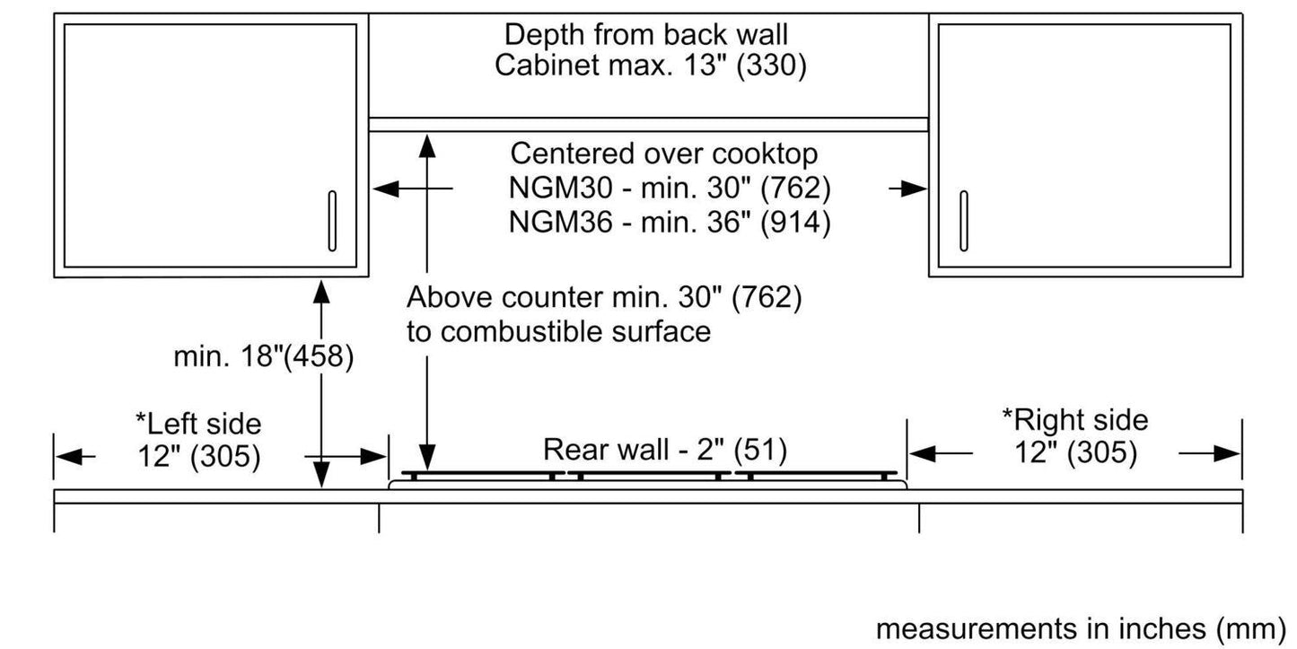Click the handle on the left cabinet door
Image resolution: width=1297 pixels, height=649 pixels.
click(332, 221)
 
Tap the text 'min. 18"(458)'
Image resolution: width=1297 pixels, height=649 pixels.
click(264, 357)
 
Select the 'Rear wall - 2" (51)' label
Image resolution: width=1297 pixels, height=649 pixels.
click(665, 450)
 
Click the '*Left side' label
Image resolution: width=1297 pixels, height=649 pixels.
click(197, 423)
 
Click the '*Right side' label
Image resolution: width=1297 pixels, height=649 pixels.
click(1074, 420)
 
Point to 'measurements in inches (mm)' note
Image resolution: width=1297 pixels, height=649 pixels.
click(1081, 628)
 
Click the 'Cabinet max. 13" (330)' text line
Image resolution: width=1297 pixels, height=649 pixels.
click(651, 66)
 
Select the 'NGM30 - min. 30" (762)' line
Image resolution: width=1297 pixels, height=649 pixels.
click(669, 189)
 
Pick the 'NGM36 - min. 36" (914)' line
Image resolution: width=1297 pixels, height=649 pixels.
click(669, 222)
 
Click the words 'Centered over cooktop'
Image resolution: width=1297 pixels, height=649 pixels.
click(664, 154)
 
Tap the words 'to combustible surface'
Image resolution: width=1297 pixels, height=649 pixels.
click(558, 331)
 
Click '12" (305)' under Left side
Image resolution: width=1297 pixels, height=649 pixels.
click(199, 456)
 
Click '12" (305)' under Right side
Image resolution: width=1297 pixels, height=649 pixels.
click(1075, 453)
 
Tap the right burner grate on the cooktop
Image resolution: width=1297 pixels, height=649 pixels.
click(815, 474)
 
